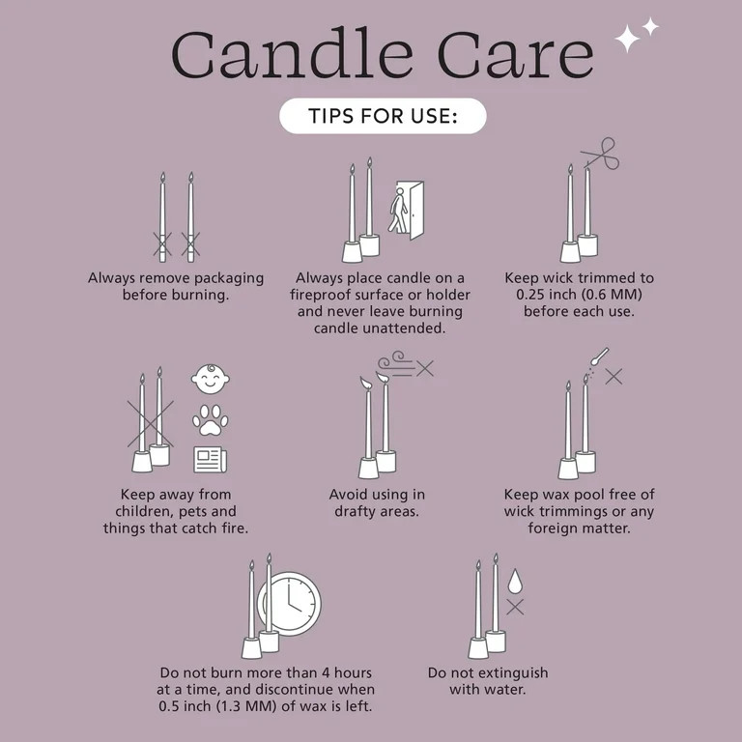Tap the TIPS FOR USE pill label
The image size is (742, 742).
point(383,117)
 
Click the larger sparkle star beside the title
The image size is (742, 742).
point(629,39)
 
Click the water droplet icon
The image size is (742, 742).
point(515,580)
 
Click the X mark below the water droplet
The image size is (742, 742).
point(515,607)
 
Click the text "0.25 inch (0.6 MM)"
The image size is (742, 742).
point(579,295)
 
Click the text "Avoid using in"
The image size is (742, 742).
point(377,495)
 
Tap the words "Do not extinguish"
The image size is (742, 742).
point(488,672)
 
